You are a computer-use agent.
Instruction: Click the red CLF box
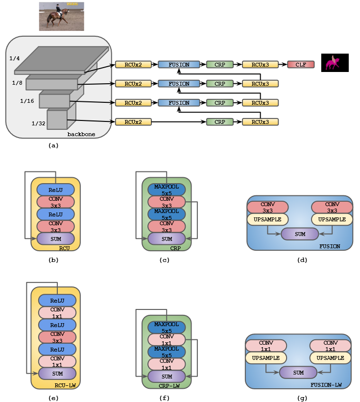[301, 64]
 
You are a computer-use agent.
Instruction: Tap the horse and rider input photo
[61, 16]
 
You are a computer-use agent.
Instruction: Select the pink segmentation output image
[335, 63]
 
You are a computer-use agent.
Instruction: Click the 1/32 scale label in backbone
[38, 124]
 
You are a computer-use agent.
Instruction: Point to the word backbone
[81, 134]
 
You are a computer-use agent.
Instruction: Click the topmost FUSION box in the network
[179, 64]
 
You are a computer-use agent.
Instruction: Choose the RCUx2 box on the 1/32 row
[133, 121]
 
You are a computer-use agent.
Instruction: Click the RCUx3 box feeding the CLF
[260, 64]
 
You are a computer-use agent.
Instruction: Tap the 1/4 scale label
[15, 59]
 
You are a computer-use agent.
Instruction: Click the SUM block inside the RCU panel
[55, 239]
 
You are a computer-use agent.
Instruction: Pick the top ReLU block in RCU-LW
[57, 300]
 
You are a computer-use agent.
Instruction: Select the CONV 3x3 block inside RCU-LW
[57, 337]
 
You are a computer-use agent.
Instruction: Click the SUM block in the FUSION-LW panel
[298, 373]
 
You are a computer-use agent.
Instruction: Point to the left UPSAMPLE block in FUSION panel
[267, 220]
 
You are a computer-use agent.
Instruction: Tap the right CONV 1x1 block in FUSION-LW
[330, 346]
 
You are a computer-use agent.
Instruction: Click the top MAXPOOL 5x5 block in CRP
[167, 189]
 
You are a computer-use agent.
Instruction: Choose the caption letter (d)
[302, 260]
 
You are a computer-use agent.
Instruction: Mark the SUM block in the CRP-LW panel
[167, 376]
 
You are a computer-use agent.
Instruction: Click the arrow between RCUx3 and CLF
[283, 64]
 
